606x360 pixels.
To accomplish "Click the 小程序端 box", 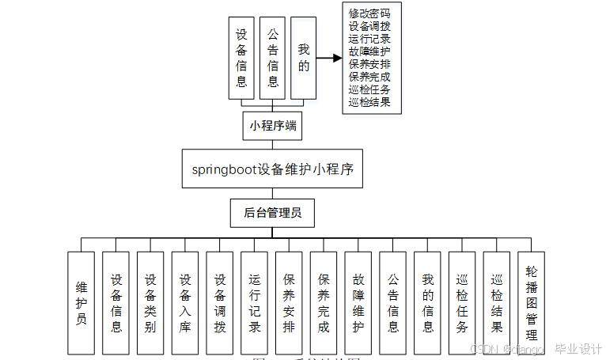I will (273, 125).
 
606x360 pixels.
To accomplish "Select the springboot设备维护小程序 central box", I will (272, 169).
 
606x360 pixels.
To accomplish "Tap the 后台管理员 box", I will (272, 213).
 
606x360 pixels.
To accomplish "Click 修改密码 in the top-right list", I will (369, 13).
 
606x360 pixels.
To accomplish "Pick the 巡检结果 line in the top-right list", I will (369, 101).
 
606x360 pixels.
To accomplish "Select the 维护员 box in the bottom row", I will (81, 303).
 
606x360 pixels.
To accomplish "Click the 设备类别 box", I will (150, 303).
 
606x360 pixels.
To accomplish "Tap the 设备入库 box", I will (185, 303).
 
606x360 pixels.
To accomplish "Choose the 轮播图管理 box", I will (532, 303).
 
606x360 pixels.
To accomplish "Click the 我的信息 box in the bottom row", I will (427, 303).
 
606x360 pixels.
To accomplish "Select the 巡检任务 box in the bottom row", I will (462, 303).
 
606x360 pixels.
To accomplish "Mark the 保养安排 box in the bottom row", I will (289, 303).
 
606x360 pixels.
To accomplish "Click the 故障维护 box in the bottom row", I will (358, 303).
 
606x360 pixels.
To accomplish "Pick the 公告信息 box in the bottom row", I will (393, 303).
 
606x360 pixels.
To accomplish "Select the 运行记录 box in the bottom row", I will (254, 303).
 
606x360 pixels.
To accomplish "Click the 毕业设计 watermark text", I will (578, 349).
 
